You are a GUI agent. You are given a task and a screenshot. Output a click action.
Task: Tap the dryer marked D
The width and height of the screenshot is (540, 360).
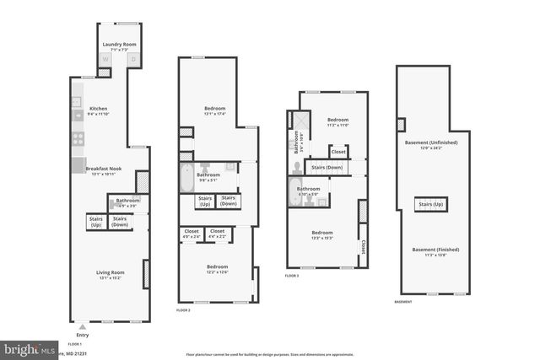[x=132, y=60]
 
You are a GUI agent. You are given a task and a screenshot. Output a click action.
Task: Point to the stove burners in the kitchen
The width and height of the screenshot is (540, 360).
[x=77, y=139]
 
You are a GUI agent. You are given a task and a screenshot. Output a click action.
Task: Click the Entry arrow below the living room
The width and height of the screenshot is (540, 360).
[x=82, y=327]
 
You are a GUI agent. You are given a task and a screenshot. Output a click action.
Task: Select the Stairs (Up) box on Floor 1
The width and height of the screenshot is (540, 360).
[x=94, y=222]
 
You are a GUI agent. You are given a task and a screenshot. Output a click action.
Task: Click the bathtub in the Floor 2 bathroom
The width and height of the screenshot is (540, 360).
[x=186, y=179]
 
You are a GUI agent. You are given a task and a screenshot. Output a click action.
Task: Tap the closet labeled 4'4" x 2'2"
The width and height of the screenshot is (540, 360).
[x=217, y=234]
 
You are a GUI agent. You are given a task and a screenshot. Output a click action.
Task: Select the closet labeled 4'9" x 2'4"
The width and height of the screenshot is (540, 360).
[x=191, y=234]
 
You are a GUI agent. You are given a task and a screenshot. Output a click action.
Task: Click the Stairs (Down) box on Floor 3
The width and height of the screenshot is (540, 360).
[x=327, y=168]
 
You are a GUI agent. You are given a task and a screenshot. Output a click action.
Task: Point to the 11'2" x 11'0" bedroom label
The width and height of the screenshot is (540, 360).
[x=337, y=123]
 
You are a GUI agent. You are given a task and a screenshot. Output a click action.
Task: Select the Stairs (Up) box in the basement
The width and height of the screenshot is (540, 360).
[x=430, y=204]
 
